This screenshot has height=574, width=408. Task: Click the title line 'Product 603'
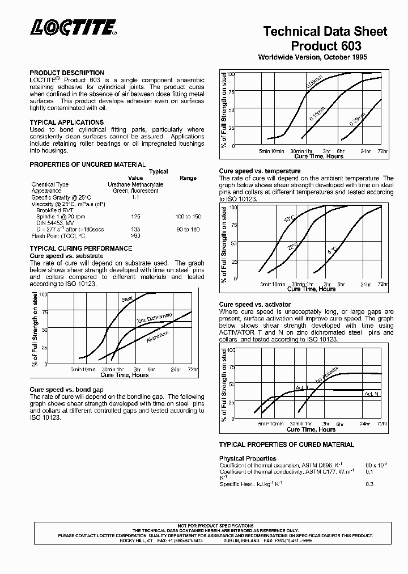(x=325, y=45)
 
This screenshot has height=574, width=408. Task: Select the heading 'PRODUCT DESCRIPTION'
(x=66, y=73)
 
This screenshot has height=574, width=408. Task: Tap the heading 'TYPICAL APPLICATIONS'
(x=66, y=122)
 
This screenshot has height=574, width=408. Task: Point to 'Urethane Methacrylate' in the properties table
(x=135, y=184)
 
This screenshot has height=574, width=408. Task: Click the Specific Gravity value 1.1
(x=135, y=197)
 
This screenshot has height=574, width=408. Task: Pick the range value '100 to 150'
(x=189, y=217)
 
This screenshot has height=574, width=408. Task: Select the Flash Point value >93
(x=135, y=235)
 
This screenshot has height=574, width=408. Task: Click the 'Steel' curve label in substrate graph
(x=127, y=299)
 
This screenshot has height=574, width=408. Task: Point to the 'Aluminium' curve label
(x=158, y=339)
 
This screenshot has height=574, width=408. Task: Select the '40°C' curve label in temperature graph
(x=289, y=218)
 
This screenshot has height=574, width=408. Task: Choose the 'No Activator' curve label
(x=327, y=375)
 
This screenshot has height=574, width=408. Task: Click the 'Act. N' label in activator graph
(x=371, y=394)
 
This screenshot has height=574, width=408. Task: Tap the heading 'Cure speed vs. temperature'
(x=260, y=171)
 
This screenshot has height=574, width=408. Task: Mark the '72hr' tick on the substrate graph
(x=193, y=369)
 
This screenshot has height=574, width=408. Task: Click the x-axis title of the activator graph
(x=311, y=429)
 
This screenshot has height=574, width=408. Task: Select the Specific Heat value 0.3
(x=369, y=484)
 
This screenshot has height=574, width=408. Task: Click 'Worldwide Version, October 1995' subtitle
(x=313, y=57)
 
